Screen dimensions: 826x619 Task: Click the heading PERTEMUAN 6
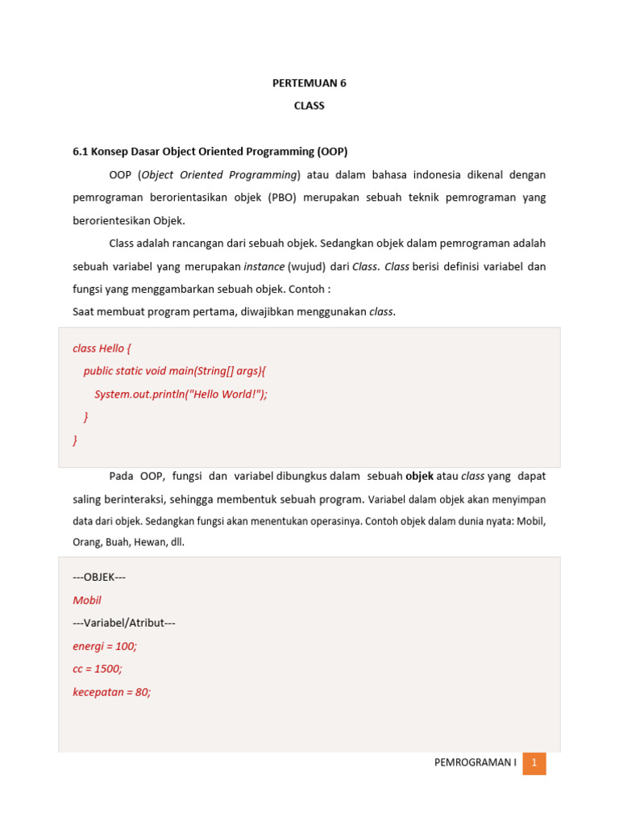point(309,83)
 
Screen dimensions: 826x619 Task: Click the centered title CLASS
point(309,106)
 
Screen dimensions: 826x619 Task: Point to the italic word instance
point(264,266)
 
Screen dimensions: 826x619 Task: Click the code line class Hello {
point(102,348)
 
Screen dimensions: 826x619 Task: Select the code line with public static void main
point(174,371)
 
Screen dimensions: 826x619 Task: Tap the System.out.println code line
point(181,394)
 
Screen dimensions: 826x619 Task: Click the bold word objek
point(419,476)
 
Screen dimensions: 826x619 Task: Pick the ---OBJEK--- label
point(99,578)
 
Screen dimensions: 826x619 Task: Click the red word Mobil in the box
point(87,600)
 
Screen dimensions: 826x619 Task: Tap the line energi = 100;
point(105,646)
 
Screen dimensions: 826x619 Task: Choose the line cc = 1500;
point(97,669)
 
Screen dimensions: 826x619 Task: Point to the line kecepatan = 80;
point(112,692)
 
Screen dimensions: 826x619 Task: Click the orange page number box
point(534,763)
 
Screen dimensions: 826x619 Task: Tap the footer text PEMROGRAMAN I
point(475,763)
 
